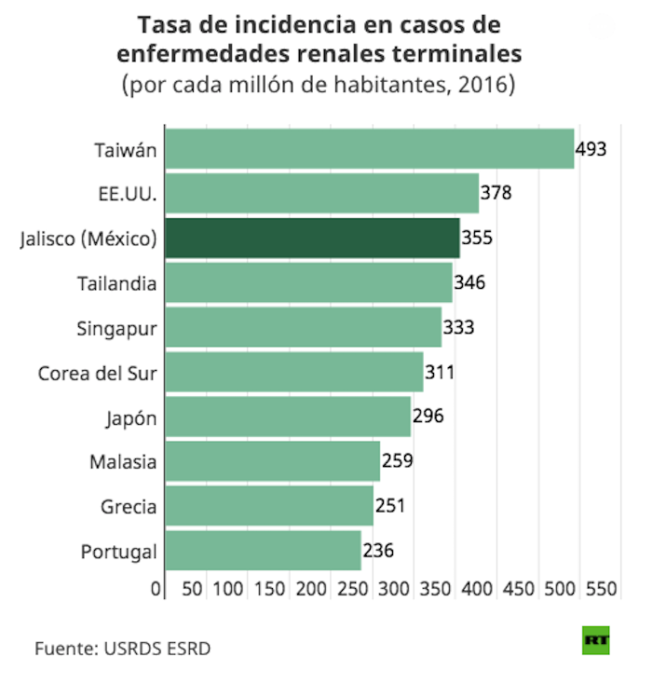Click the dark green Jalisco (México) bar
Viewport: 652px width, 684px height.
[312, 238]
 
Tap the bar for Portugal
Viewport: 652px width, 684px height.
[263, 551]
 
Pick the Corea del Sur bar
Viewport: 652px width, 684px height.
[294, 372]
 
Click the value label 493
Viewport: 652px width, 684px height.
[591, 148]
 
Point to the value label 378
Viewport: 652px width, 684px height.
[496, 193]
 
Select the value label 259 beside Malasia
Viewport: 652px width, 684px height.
[397, 461]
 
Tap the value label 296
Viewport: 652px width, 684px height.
[428, 417]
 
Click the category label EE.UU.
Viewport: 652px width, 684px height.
[127, 193]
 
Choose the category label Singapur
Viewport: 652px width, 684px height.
[116, 328]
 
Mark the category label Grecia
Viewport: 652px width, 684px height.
[129, 507]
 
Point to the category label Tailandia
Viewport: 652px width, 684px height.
[116, 282]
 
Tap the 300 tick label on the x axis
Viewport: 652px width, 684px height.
[395, 589]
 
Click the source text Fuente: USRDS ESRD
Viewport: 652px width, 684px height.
[123, 648]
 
